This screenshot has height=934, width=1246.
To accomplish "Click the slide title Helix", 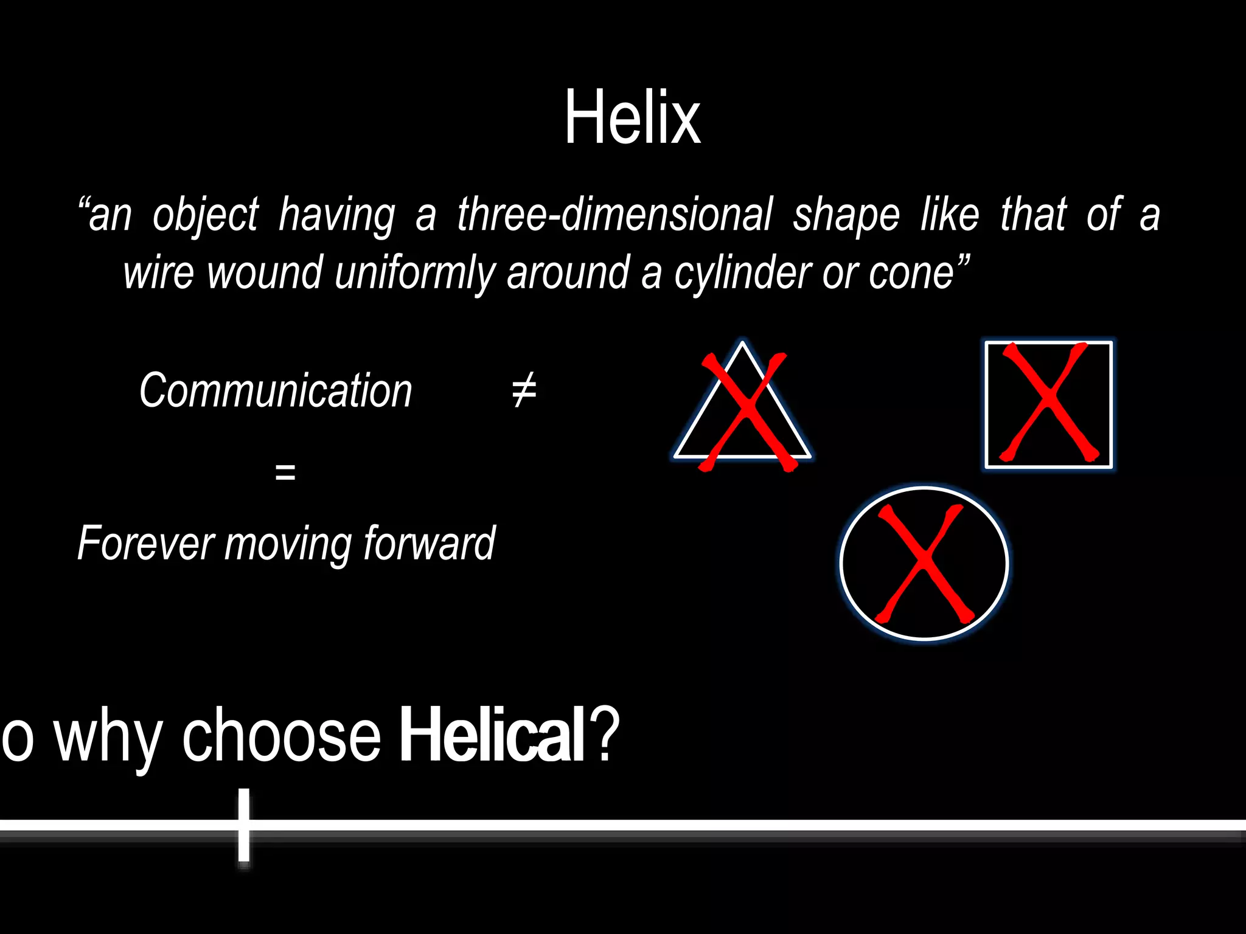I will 632,117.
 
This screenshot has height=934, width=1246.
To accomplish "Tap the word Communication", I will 276,390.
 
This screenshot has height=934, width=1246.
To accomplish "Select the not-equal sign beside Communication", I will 524,390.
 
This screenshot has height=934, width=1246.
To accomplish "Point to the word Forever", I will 145,543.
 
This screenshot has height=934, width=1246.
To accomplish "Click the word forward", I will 429,543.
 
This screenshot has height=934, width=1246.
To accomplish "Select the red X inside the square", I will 1048,402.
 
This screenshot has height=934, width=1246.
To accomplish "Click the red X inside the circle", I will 924,563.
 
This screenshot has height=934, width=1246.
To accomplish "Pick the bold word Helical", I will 492,734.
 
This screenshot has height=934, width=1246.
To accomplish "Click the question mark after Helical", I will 605,734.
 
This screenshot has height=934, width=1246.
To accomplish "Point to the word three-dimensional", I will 614,215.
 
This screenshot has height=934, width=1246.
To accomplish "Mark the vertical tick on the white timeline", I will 244,825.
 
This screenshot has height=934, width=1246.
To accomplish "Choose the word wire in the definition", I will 159,273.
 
